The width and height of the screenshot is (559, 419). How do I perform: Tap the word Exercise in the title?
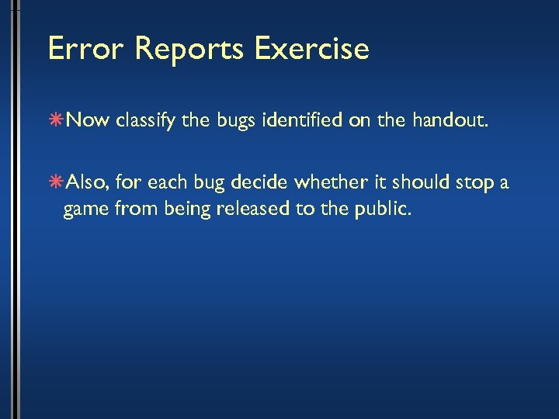coord(311,49)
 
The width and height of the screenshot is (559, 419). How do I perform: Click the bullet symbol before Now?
coord(57,121)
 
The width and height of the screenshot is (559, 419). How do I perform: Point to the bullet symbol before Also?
coord(57,183)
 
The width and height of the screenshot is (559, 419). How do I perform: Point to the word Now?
coord(90,121)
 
